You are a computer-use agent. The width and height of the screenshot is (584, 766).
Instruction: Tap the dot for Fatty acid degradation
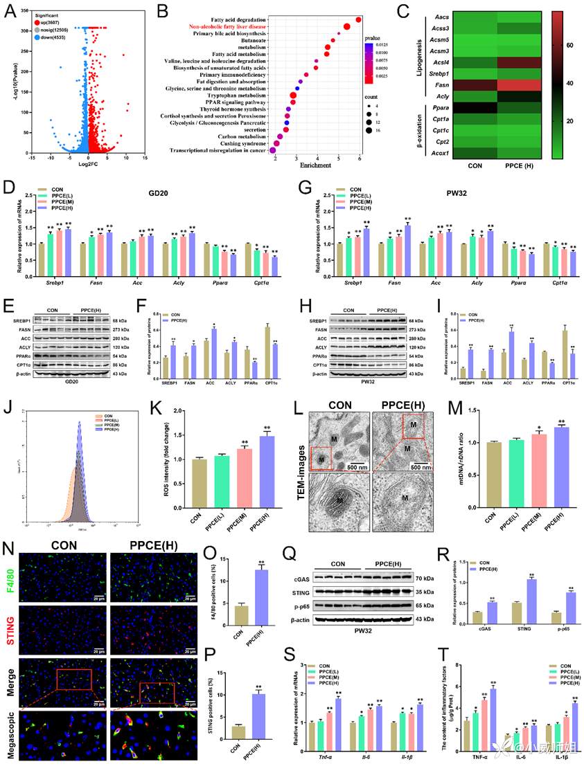point(357,19)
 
